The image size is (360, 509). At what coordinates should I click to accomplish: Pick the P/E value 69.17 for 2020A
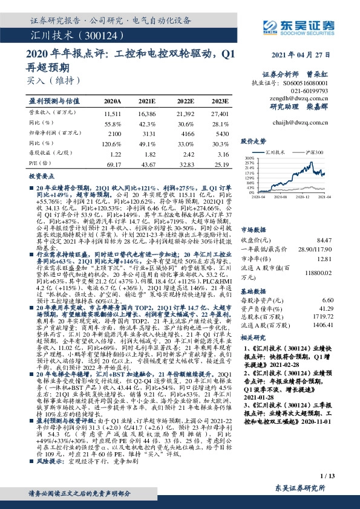[113, 164]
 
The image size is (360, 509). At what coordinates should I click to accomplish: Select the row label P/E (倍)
[38, 164]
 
